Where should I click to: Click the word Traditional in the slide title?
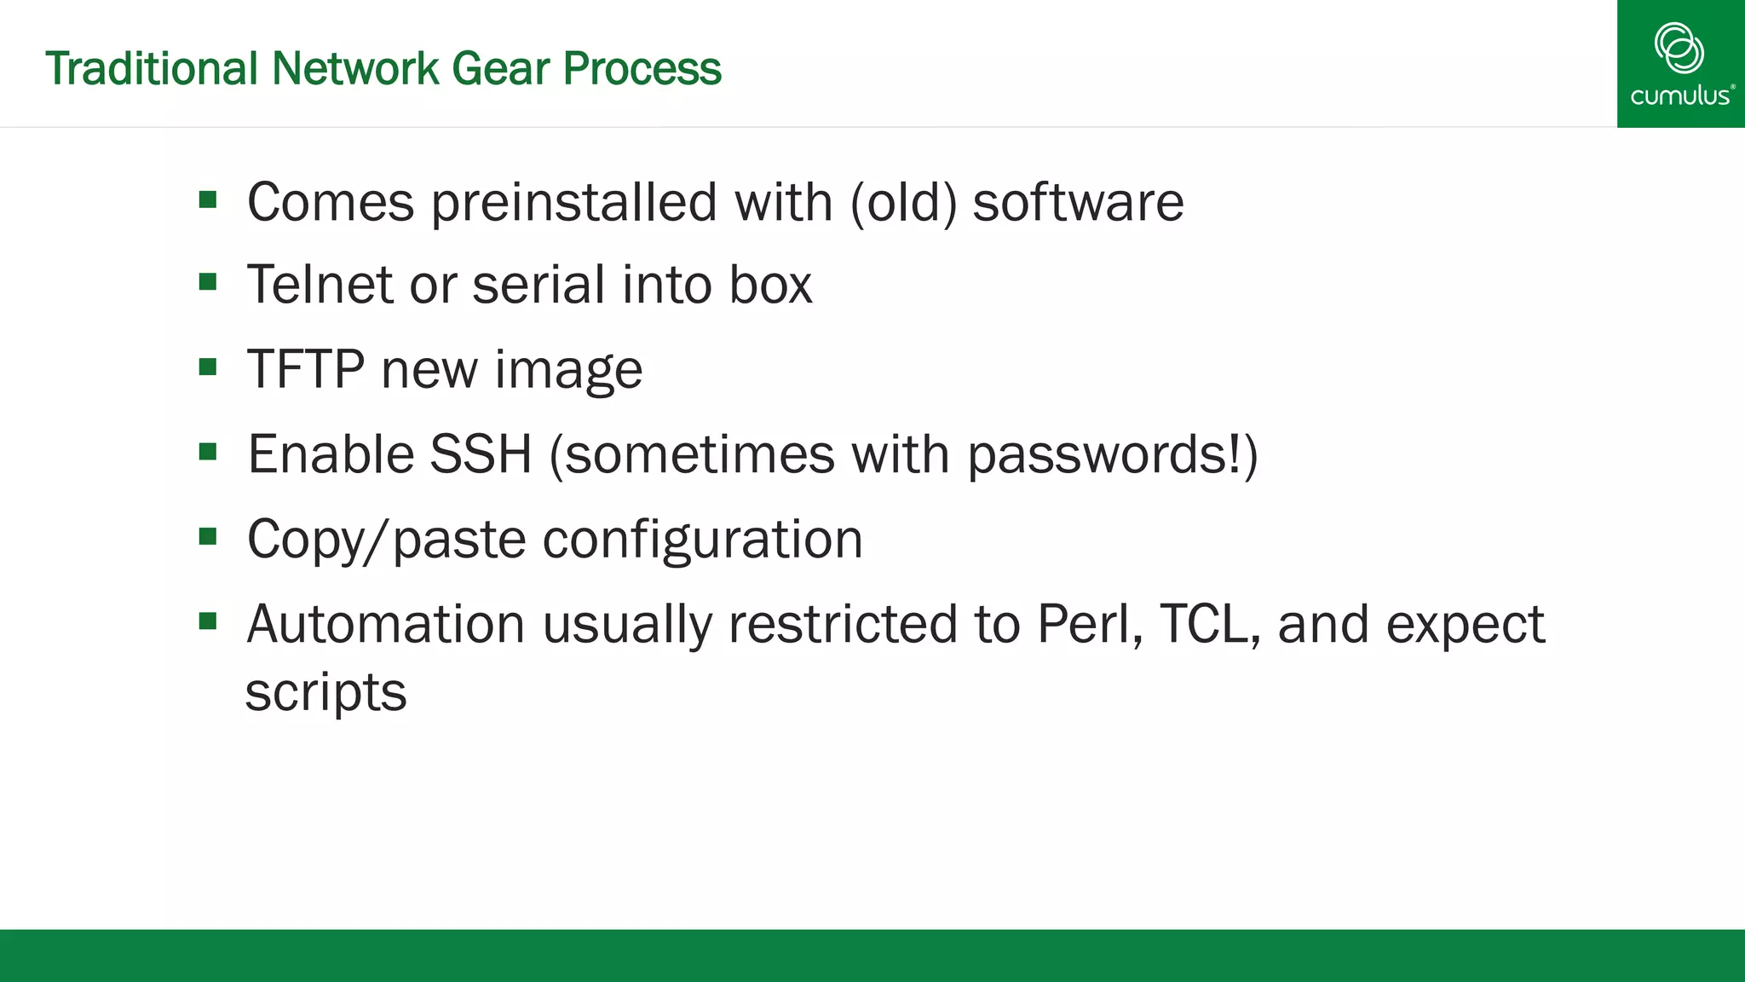[151, 68]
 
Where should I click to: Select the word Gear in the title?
[500, 68]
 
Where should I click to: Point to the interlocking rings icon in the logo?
[1679, 48]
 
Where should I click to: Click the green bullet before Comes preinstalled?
[208, 199]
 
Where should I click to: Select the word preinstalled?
[573, 203]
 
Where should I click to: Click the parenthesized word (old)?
[904, 203]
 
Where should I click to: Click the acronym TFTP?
[305, 369]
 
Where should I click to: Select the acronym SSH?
[481, 453]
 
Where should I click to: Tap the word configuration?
[703, 540]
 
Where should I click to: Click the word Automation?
[385, 624]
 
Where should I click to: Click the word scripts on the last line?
[325, 692]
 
